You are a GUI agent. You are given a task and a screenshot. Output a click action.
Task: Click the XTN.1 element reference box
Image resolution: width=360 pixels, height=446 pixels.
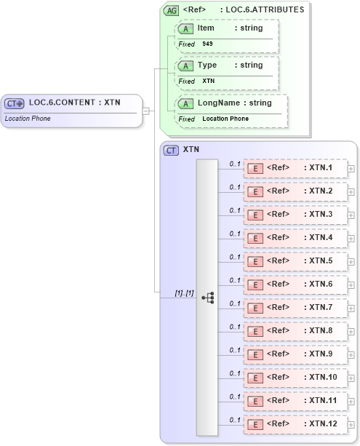point(294,168)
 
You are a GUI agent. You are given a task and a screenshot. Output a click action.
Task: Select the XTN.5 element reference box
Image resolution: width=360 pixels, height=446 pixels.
point(294,261)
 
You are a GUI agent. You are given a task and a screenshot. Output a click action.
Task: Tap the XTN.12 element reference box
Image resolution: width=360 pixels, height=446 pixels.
point(294,423)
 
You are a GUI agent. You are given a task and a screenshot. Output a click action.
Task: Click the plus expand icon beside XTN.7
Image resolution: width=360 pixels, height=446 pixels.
point(351,308)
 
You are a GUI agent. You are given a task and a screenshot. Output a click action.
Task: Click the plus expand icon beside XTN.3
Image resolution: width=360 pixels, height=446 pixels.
point(351,215)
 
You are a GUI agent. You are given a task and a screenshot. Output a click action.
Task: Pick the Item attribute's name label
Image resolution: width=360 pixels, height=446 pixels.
point(206,28)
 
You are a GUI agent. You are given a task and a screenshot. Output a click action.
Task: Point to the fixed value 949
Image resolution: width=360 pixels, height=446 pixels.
point(207,44)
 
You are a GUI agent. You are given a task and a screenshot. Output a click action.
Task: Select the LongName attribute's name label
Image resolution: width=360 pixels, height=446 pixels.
point(218,103)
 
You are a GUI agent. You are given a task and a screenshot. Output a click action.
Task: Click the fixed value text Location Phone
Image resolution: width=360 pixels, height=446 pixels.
point(225,119)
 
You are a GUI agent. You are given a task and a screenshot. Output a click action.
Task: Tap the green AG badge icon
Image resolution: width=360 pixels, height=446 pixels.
point(171,10)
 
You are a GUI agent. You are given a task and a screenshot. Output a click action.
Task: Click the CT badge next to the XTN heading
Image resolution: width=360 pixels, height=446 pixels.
point(171,150)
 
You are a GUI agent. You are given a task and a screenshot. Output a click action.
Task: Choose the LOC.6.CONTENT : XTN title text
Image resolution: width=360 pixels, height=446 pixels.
point(74,103)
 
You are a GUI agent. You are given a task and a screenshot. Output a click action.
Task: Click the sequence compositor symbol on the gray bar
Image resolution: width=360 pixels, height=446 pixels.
point(207,298)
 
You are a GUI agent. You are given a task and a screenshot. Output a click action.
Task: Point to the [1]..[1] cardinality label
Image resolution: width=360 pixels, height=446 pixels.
point(184,292)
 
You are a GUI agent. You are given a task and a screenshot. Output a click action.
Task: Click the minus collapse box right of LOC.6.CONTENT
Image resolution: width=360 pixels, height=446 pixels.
point(146,111)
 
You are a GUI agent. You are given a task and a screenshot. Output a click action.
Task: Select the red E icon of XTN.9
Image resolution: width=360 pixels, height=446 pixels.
point(255,354)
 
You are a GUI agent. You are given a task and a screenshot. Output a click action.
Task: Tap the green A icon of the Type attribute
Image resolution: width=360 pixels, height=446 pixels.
point(186,65)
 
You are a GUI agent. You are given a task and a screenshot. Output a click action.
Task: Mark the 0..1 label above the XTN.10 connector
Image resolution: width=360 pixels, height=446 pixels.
point(235,373)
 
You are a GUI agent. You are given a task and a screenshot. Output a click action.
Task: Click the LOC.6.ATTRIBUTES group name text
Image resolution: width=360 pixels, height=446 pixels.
point(265,9)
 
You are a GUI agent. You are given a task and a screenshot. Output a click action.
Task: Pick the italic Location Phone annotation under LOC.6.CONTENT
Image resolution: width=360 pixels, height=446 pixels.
point(28,119)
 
